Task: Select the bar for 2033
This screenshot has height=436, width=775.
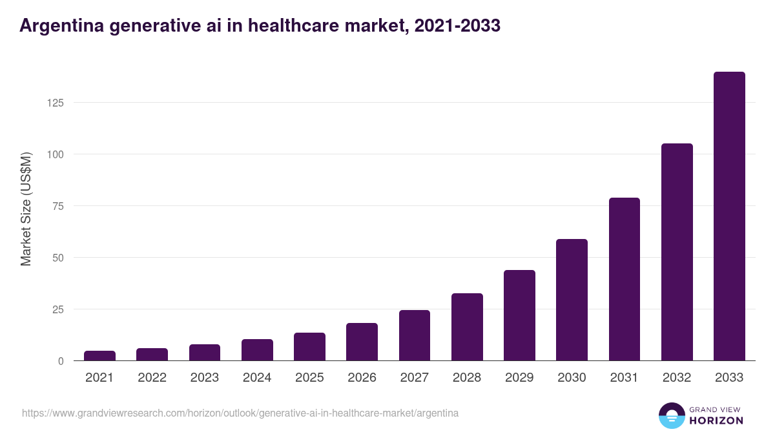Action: click(x=729, y=216)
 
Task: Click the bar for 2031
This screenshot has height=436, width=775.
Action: click(x=624, y=279)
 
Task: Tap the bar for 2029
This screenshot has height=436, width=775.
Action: click(x=519, y=315)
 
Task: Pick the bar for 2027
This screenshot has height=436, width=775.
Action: click(x=415, y=335)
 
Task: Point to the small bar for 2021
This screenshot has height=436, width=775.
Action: click(x=99, y=356)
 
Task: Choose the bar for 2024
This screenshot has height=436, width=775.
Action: click(x=257, y=350)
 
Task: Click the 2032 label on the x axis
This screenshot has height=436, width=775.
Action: click(x=676, y=378)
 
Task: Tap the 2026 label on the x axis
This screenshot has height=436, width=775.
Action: click(x=362, y=378)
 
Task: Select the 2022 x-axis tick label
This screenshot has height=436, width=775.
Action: click(x=152, y=378)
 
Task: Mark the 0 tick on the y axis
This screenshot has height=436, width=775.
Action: click(x=61, y=361)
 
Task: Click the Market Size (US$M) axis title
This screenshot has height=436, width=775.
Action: click(x=26, y=208)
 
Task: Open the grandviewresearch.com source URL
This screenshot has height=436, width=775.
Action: click(x=240, y=413)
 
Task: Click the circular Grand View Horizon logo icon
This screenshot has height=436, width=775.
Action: click(x=671, y=415)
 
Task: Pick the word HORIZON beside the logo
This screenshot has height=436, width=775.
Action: click(x=716, y=420)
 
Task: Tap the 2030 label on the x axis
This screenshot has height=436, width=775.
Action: click(x=572, y=378)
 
